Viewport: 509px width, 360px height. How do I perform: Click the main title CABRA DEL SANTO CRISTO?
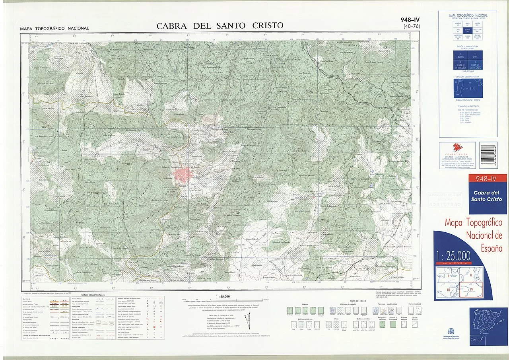tap(220, 26)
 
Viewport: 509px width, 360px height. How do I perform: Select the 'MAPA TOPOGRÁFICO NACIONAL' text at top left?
tap(54, 28)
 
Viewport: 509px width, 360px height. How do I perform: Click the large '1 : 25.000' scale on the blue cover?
tap(453, 255)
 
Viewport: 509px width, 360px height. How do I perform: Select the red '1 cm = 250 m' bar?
tap(453, 263)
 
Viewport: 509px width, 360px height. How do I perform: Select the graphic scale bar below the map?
tap(223, 302)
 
